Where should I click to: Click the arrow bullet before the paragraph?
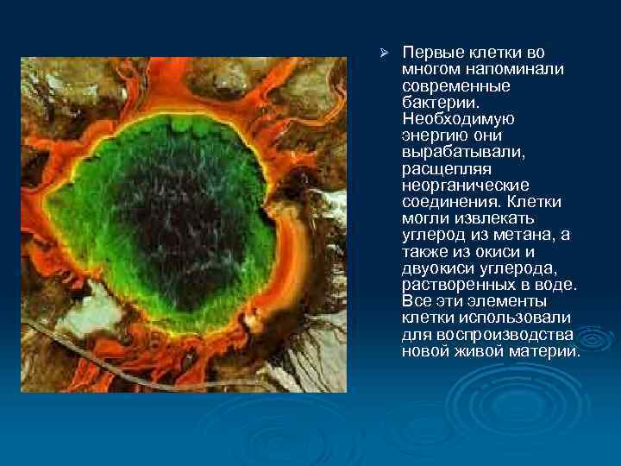pos(386,54)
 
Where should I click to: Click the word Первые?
pos(429,54)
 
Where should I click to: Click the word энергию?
pos(430,135)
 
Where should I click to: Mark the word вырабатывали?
pos(446,152)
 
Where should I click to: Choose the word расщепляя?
pos(439,168)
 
